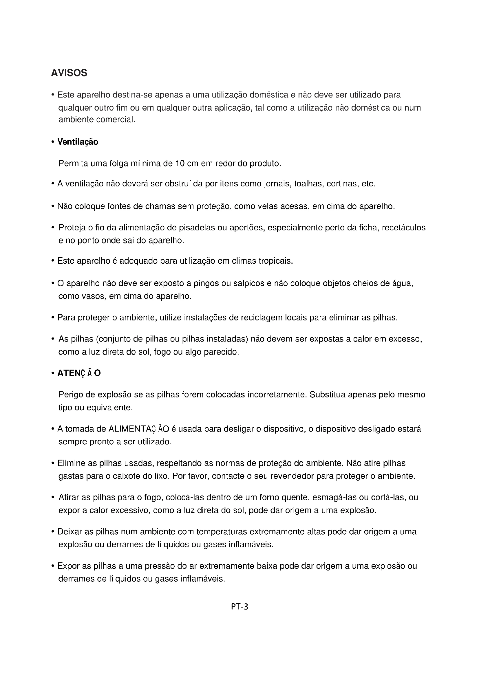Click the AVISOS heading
point(69,73)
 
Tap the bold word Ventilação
point(78,142)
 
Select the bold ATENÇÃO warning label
point(79,373)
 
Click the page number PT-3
point(239,607)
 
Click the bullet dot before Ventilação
point(53,142)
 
